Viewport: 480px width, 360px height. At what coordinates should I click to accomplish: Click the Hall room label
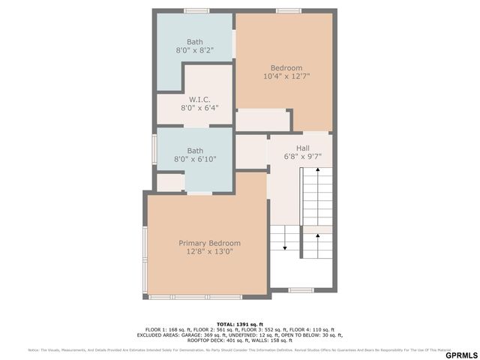302,148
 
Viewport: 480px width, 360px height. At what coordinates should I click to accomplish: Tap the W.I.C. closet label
199,99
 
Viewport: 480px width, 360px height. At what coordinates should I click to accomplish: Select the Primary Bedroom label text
209,243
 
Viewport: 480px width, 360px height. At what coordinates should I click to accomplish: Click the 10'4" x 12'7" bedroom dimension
286,76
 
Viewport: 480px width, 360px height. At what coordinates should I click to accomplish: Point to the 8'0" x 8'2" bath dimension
194,50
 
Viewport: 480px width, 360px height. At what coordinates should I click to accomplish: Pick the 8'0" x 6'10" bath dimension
194,159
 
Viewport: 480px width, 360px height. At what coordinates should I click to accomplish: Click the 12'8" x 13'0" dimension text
209,252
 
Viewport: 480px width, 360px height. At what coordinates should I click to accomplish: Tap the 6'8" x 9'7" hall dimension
302,157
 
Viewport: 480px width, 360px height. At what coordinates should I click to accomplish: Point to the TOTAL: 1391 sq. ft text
240,324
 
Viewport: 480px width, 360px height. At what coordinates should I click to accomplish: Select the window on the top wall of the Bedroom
288,10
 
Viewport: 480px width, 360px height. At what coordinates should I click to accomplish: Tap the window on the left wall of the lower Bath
154,149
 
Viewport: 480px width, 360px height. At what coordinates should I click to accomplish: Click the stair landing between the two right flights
317,229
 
